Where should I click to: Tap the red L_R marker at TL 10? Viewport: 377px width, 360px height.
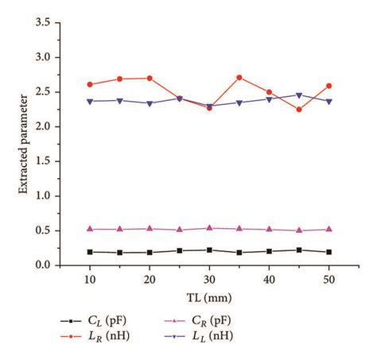pyautogui.click(x=90, y=84)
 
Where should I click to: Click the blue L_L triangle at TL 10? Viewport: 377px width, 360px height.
pyautogui.click(x=90, y=101)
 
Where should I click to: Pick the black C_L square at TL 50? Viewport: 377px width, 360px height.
pyautogui.click(x=328, y=252)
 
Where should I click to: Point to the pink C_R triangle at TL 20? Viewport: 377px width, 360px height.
pyautogui.click(x=150, y=228)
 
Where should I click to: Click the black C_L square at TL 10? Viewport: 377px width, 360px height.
pyautogui.click(x=90, y=252)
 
